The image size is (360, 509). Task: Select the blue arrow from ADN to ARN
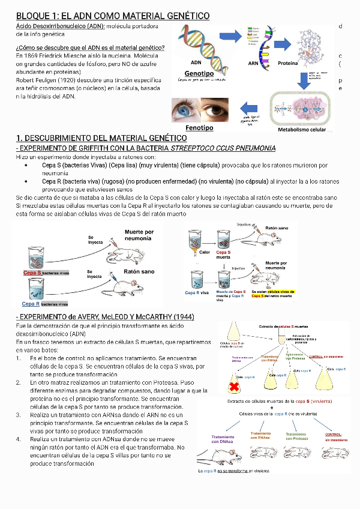point(228,39)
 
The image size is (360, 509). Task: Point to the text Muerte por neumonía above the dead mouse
point(139,235)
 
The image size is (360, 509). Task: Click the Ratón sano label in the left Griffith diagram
point(139,271)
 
